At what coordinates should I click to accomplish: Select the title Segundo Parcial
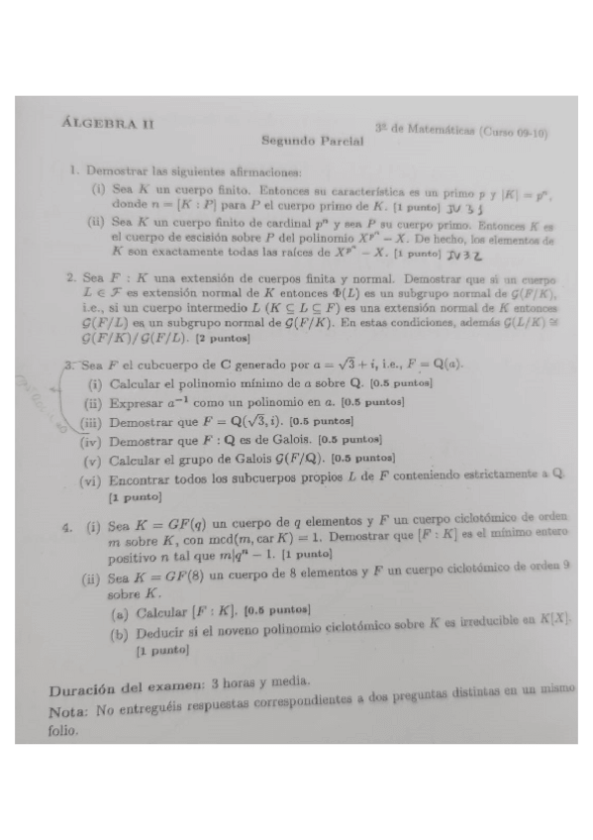[x=312, y=142]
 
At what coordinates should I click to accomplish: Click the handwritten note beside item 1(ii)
[x=463, y=255]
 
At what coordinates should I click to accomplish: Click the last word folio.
[x=61, y=734]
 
